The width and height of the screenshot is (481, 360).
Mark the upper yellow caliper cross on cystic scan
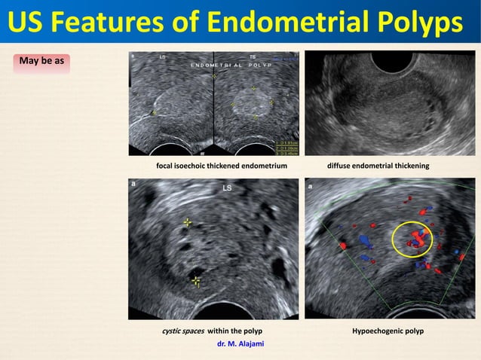(188, 223)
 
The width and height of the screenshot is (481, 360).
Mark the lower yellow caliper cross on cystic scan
(196, 282)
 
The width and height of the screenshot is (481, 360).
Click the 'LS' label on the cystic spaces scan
(226, 188)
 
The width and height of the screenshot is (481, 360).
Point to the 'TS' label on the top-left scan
(253, 56)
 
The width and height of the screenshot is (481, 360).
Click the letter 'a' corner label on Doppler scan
(310, 183)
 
